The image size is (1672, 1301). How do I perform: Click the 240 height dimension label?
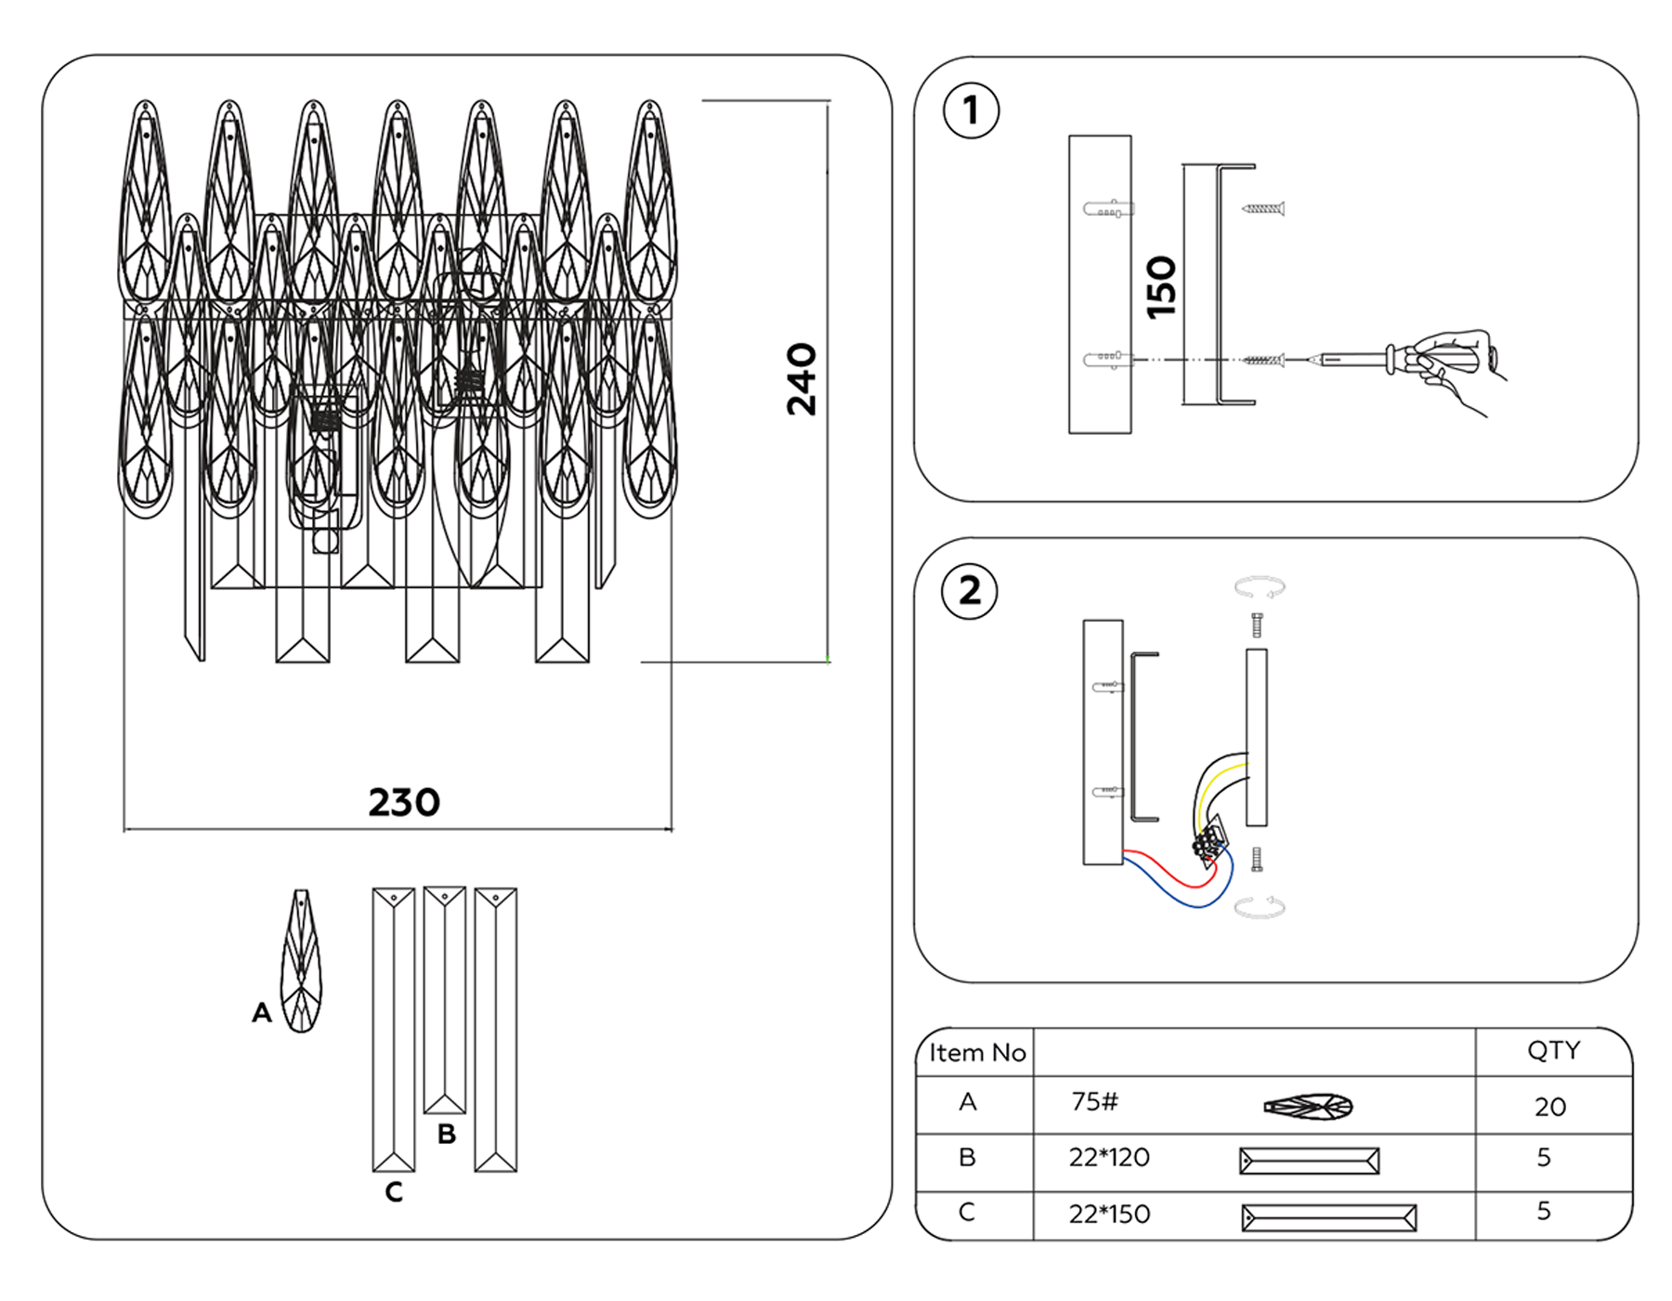tap(801, 379)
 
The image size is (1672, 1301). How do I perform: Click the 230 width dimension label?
tap(404, 803)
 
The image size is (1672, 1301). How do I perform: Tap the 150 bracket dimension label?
tap(1161, 287)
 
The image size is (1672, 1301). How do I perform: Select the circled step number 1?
tap(971, 111)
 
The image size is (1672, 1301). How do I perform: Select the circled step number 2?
tap(969, 591)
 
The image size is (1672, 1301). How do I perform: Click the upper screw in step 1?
tap(1263, 209)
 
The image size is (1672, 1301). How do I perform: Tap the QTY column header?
tap(1553, 1050)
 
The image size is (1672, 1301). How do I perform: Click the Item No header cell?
tap(976, 1053)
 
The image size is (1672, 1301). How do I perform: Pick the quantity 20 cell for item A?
tap(1549, 1107)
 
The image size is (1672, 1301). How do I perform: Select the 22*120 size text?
tap(1109, 1158)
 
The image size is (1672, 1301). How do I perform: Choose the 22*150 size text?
tap(1109, 1215)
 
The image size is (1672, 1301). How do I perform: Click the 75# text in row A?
tap(1094, 1102)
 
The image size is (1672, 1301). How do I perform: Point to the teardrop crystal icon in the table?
tap(1308, 1106)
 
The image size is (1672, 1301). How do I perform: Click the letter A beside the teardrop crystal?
tap(261, 1013)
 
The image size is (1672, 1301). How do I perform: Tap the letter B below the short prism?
tap(446, 1135)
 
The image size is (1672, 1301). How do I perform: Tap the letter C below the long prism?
tap(394, 1192)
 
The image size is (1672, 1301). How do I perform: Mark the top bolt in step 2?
tap(1257, 624)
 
